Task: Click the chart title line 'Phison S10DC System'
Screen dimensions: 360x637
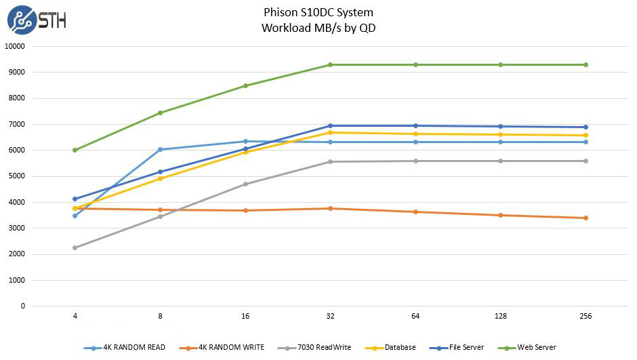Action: point(318,12)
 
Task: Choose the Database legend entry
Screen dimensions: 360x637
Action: point(394,348)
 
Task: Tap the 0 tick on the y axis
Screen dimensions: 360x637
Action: point(22,306)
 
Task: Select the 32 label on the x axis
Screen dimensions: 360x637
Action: point(330,317)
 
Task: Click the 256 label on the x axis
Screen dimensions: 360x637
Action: point(585,317)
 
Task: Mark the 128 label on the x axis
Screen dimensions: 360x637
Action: point(500,317)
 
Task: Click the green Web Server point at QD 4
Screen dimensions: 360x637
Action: point(75,150)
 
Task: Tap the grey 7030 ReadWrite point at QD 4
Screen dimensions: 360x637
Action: point(75,247)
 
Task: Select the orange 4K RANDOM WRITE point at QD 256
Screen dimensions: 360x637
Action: point(585,218)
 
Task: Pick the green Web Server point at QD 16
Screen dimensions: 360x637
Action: point(245,85)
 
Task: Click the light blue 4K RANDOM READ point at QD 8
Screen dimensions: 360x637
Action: point(160,149)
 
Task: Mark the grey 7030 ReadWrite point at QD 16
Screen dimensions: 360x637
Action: point(245,184)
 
